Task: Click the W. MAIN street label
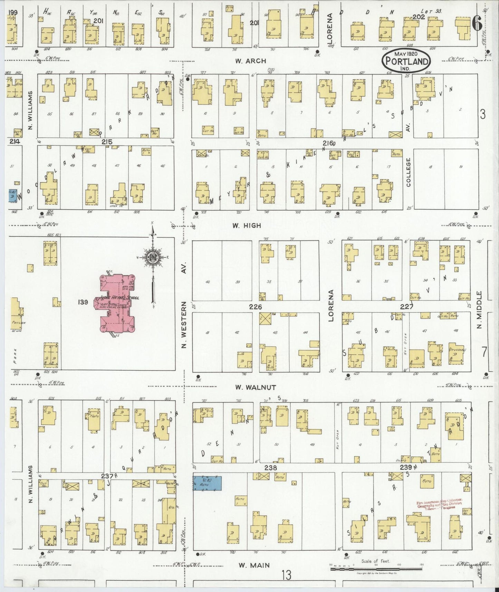254,565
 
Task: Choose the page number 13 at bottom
286,575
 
